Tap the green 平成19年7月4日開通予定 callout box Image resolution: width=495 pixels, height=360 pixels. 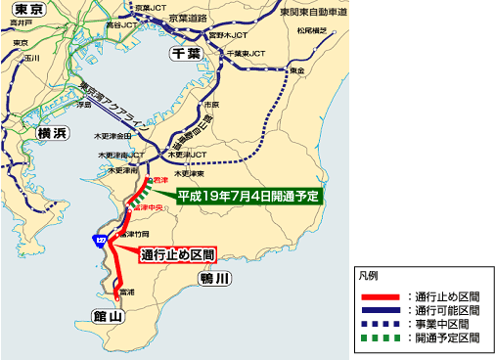click(250, 195)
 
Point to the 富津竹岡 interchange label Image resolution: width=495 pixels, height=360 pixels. click(133, 236)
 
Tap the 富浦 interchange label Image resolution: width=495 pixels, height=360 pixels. click(125, 292)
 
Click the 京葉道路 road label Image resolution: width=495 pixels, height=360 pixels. click(197, 18)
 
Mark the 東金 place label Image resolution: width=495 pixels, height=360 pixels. click(296, 71)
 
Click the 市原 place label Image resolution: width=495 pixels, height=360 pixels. click(208, 104)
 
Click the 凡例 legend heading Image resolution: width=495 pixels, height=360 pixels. click(367, 276)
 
